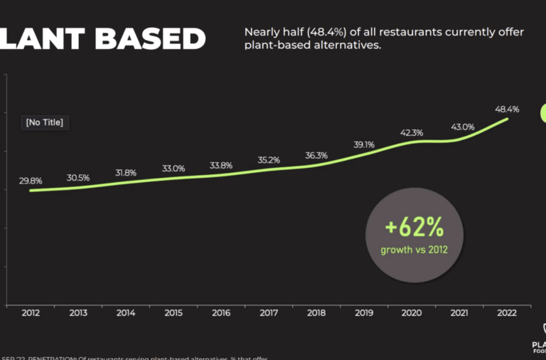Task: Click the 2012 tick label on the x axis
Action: click(x=31, y=313)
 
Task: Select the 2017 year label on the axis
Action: click(x=269, y=313)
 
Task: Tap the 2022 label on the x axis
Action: click(x=507, y=313)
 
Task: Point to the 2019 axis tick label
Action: click(x=364, y=313)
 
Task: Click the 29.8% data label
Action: click(x=31, y=181)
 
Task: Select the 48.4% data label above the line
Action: click(x=507, y=110)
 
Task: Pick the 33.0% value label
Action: click(x=173, y=169)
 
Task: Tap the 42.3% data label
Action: click(x=412, y=132)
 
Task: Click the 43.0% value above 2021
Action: click(x=462, y=127)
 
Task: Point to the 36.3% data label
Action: click(x=316, y=155)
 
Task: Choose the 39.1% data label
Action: click(x=364, y=144)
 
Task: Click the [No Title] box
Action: click(x=44, y=122)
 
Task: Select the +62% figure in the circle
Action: click(x=414, y=228)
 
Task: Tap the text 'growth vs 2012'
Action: click(x=414, y=250)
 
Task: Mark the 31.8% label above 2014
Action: click(x=126, y=173)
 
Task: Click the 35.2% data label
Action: click(x=269, y=161)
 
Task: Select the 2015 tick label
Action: click(x=173, y=313)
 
